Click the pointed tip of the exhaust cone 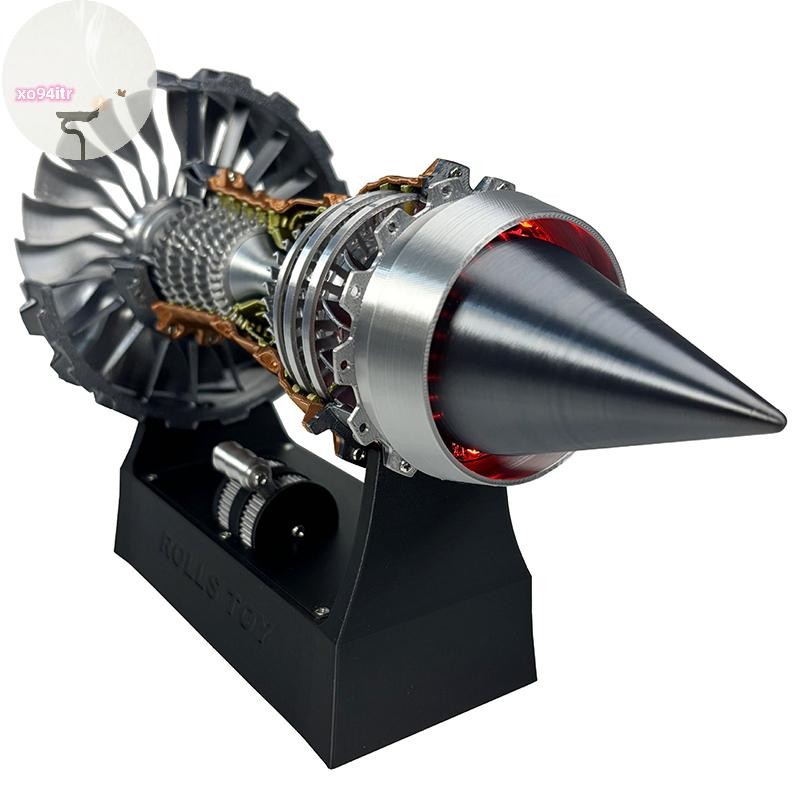(780, 417)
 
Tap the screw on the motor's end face (298, 533)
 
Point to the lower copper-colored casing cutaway (200, 325)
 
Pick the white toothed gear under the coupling (235, 505)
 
